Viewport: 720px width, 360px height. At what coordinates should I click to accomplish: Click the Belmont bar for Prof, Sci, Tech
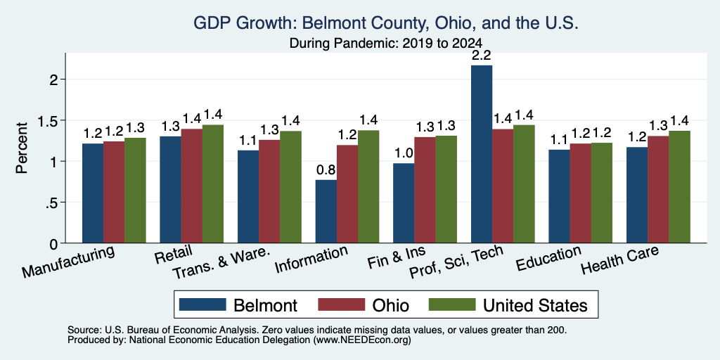pyautogui.click(x=482, y=154)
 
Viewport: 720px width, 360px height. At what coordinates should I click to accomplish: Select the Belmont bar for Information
pyautogui.click(x=326, y=211)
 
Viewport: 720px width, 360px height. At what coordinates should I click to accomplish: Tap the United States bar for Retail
pyautogui.click(x=213, y=184)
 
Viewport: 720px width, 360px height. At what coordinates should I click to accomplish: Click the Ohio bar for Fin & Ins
pyautogui.click(x=425, y=190)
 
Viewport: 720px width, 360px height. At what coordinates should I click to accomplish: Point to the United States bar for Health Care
pyautogui.click(x=680, y=187)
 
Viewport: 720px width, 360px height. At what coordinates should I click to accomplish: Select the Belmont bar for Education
pyautogui.click(x=559, y=196)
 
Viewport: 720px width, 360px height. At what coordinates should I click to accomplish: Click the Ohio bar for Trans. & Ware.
pyautogui.click(x=269, y=191)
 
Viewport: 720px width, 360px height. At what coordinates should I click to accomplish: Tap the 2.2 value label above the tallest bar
pyautogui.click(x=481, y=56)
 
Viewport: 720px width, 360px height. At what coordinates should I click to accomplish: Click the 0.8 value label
pyautogui.click(x=326, y=170)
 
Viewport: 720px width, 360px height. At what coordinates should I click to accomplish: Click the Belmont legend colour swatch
pyautogui.click(x=202, y=304)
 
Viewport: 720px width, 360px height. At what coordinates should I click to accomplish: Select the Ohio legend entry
pyautogui.click(x=364, y=305)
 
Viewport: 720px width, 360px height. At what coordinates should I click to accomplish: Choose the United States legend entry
pyautogui.click(x=508, y=305)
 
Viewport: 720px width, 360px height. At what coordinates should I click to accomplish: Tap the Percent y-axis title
pyautogui.click(x=22, y=148)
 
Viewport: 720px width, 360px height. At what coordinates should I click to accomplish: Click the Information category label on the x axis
pyautogui.click(x=311, y=259)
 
